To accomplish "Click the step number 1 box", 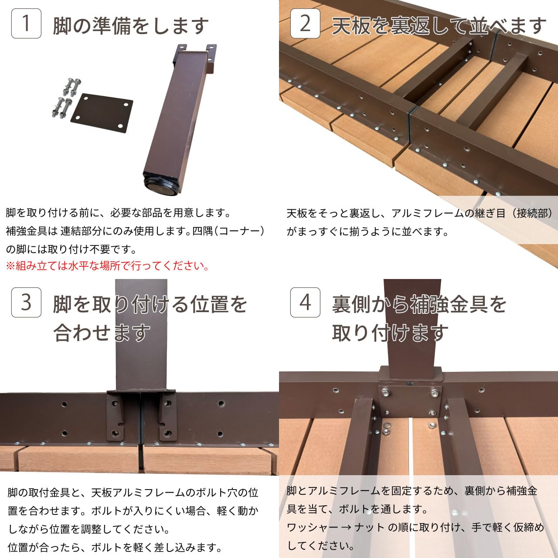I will click(x=26, y=24).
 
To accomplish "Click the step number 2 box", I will click(x=305, y=24).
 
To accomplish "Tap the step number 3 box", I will click(x=26, y=302).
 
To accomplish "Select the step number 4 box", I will click(x=305, y=302).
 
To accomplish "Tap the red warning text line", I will click(x=107, y=266).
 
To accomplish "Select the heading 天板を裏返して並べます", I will click(x=439, y=26).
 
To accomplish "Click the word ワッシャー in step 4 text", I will click(x=312, y=527).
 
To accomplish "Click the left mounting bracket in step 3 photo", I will click(x=115, y=416).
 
